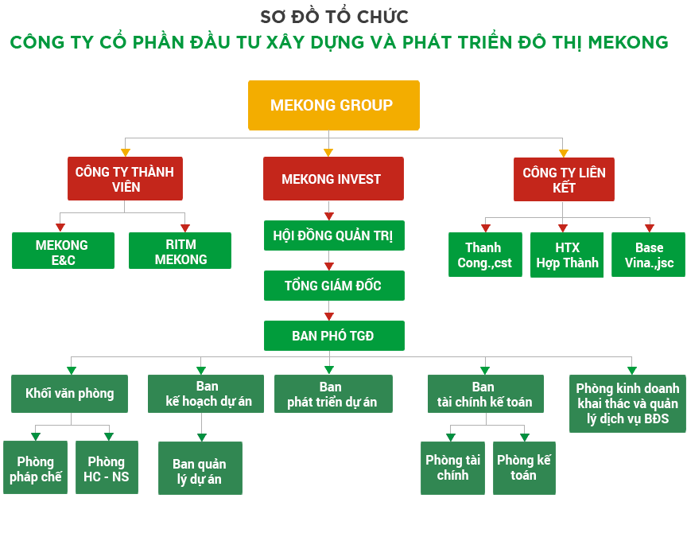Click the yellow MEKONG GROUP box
pyautogui.click(x=333, y=105)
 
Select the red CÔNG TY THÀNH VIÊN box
pyautogui.click(x=125, y=179)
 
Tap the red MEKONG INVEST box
pyautogui.click(x=333, y=179)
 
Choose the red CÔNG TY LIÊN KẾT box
pyautogui.click(x=564, y=179)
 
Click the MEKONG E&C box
pyautogui.click(x=62, y=251)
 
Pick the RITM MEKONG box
pyautogui.click(x=180, y=251)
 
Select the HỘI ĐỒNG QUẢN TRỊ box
pyautogui.click(x=333, y=235)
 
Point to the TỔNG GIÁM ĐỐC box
pyautogui.click(x=333, y=286)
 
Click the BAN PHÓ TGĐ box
pyautogui.click(x=333, y=336)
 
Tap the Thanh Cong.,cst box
pyautogui.click(x=485, y=255)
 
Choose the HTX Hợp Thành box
pyautogui.click(x=567, y=255)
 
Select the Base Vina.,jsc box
pyautogui.click(x=649, y=255)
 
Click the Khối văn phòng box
pyautogui.click(x=70, y=393)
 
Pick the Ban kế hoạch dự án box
pyautogui.click(x=206, y=394)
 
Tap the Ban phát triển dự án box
pyautogui.click(x=332, y=394)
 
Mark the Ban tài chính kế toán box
pyautogui.click(x=485, y=394)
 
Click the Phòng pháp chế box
pyautogui.click(x=36, y=469)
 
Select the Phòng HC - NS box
pyautogui.click(x=107, y=469)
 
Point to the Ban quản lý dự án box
pyautogui.click(x=200, y=471)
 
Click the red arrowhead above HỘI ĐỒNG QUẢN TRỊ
pyautogui.click(x=329, y=216)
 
